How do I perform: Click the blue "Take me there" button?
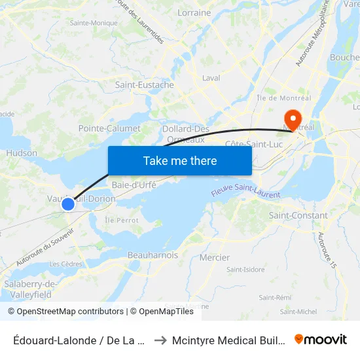tap(180, 160)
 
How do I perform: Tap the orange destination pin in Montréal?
tap(292, 120)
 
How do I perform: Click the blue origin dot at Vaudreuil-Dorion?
tap(67, 204)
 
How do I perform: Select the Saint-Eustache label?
tap(145, 85)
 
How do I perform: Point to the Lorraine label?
tap(194, 12)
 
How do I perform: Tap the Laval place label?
tap(211, 78)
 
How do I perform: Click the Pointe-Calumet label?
tap(109, 128)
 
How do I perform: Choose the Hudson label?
tap(22, 153)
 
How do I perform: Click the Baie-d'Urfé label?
tap(134, 185)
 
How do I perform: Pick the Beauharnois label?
tap(153, 255)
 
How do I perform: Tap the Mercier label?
tap(215, 257)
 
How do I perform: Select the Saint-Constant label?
tap(298, 215)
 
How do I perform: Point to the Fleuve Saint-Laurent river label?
tap(245, 192)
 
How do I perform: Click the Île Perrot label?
tap(122, 220)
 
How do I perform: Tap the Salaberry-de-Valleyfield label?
tap(31, 289)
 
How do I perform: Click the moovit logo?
tap(321, 339)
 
